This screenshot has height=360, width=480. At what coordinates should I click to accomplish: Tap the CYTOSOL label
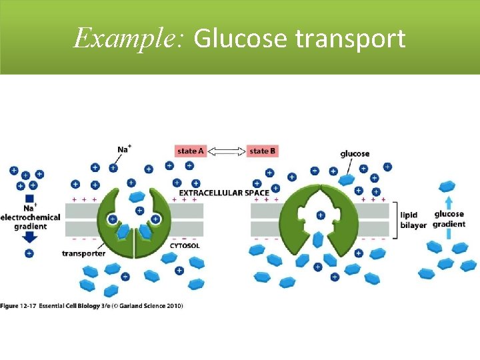tap(184, 246)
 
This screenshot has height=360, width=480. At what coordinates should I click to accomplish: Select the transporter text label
tap(83, 253)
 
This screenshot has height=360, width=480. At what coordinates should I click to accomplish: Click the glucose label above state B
tap(355, 154)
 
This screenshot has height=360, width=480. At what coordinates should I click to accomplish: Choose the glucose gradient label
tap(449, 219)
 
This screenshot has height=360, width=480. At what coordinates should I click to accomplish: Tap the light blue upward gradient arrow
tap(449, 203)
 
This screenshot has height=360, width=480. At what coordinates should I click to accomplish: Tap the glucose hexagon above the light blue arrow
tap(447, 186)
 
